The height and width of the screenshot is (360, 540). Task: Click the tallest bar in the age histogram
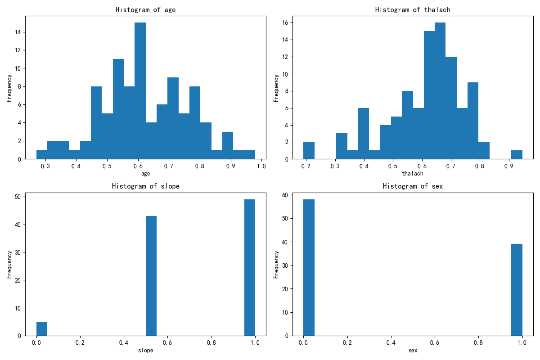[140, 90]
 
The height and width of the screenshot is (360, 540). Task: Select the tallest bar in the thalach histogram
[440, 90]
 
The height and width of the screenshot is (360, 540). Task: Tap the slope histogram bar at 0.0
[42, 328]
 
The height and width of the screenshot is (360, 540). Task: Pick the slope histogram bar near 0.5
[151, 276]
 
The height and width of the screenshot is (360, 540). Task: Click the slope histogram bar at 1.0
[250, 267]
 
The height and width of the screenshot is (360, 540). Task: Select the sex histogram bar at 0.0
[309, 267]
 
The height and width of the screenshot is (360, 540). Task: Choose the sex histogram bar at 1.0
[517, 290]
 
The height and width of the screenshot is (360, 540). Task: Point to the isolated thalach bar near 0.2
[309, 150]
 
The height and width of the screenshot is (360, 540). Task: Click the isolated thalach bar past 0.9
[517, 155]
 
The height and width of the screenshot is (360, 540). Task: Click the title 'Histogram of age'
[146, 9]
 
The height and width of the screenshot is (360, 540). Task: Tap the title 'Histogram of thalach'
[413, 9]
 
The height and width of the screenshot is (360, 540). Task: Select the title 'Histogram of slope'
[146, 186]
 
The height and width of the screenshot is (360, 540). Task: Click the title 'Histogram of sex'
[413, 186]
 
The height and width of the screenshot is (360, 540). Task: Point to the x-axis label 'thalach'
[413, 173]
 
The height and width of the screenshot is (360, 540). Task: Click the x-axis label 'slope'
[146, 350]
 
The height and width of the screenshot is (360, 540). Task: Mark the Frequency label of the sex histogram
[276, 265]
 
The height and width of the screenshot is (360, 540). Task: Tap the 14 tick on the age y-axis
[18, 32]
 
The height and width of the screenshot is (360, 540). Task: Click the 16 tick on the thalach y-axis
[285, 22]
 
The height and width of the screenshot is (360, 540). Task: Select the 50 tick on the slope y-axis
[18, 197]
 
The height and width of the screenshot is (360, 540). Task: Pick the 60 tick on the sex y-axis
[285, 195]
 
